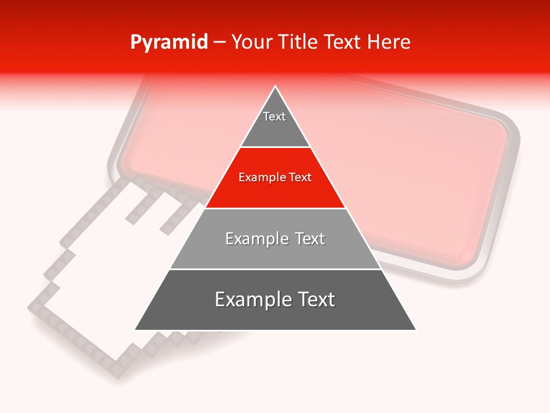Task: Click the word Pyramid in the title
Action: [x=168, y=42]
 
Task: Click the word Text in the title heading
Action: [x=344, y=42]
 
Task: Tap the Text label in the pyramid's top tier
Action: [x=274, y=116]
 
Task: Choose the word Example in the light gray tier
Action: [x=252, y=239]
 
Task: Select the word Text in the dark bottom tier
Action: [x=313, y=299]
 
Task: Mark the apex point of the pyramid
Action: [x=276, y=87]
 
